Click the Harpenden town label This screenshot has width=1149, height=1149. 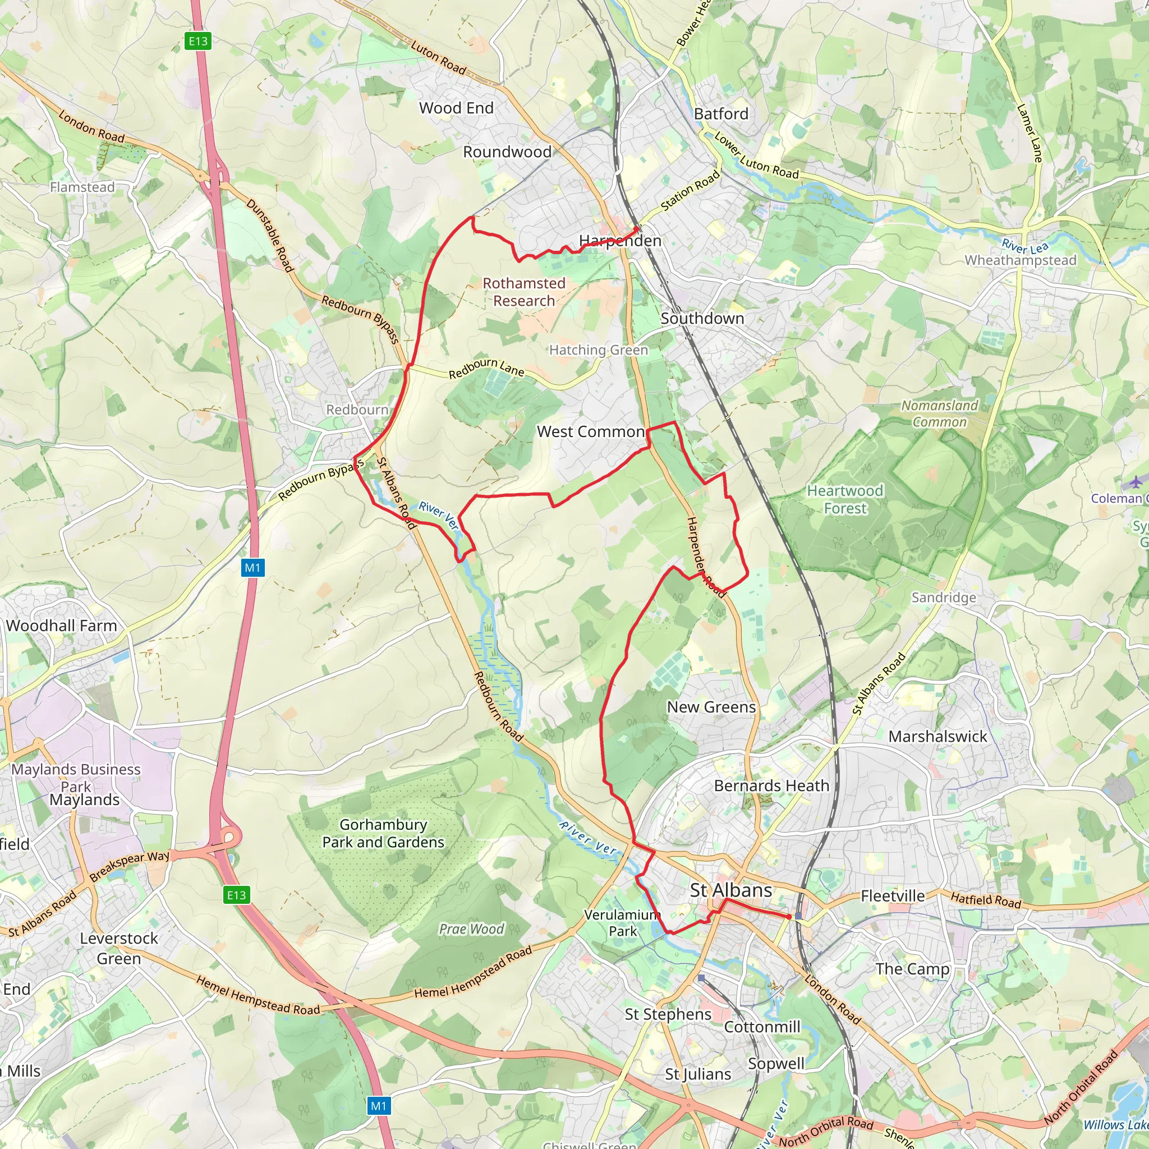point(620,241)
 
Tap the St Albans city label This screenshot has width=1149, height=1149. point(731,890)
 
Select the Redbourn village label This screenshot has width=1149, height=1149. point(357,410)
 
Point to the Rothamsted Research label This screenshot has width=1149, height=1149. point(524,292)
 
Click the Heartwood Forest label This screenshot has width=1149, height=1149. point(844,499)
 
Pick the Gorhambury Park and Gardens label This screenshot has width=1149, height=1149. point(383,833)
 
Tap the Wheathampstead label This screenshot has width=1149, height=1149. point(1020,260)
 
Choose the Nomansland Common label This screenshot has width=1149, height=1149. point(940,413)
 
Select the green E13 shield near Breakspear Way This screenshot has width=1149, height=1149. point(236,895)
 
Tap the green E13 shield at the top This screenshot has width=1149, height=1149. point(198,41)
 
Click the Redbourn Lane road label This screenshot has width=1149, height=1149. point(486,368)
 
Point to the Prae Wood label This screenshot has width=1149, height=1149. point(471,929)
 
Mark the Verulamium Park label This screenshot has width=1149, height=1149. point(622,923)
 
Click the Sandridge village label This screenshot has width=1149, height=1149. point(944,597)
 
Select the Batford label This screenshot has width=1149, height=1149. point(721,113)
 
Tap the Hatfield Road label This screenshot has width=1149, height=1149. point(985,900)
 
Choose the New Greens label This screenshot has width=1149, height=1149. point(711,707)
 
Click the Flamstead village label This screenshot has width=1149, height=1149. point(82,187)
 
